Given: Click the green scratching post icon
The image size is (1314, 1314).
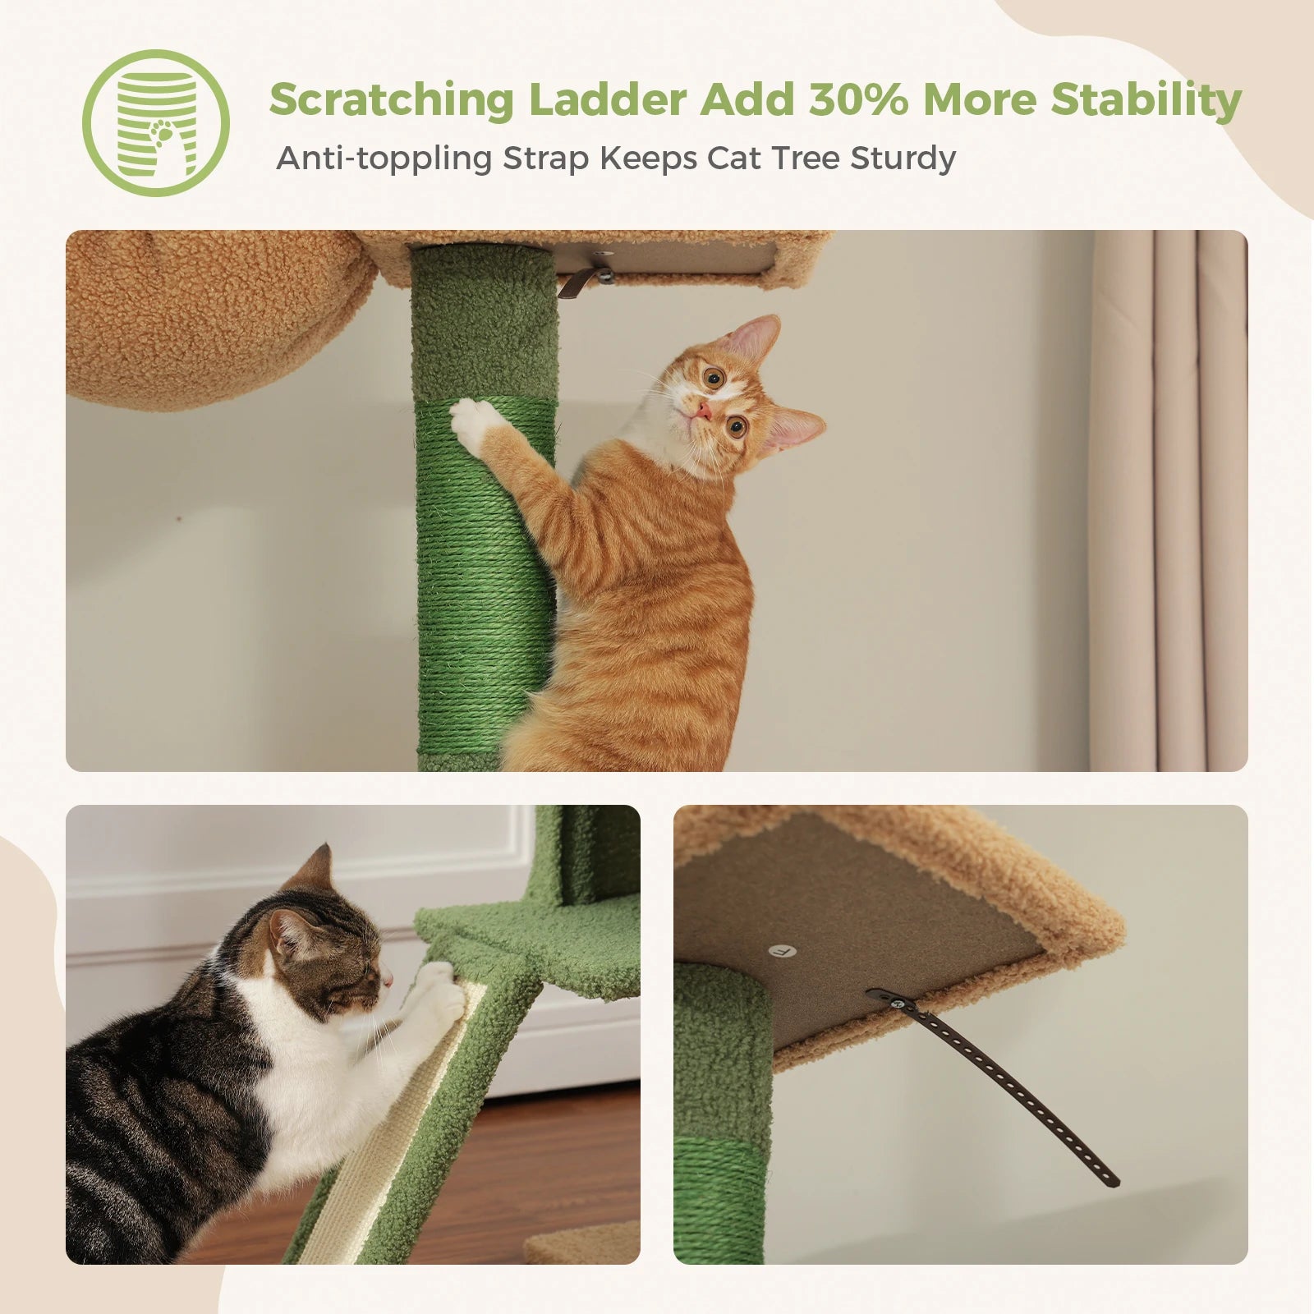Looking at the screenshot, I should click(x=155, y=123).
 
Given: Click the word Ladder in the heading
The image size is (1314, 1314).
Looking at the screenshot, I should click(x=607, y=99).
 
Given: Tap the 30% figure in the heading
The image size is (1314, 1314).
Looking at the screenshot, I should click(x=857, y=99).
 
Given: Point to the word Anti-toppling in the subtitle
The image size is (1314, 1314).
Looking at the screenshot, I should click(x=384, y=159).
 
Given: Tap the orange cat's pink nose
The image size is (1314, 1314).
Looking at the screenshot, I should click(x=703, y=410).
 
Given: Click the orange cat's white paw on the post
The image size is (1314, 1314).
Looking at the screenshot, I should click(x=474, y=423).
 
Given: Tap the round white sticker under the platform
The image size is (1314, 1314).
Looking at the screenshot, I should click(x=783, y=950).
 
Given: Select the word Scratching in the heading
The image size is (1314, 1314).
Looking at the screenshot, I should click(x=391, y=101).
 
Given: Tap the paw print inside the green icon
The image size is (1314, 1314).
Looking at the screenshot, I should click(x=162, y=131).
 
